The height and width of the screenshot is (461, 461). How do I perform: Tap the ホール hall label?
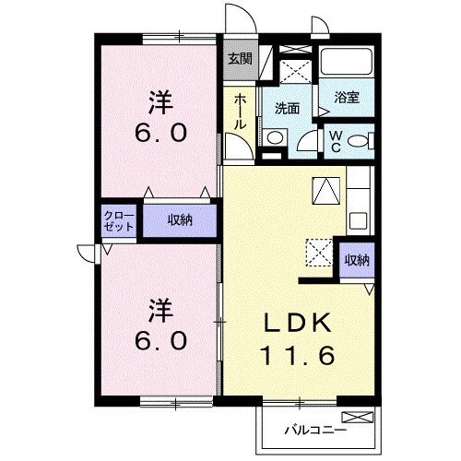tap(240, 111)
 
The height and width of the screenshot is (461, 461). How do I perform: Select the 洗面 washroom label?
tap(288, 107)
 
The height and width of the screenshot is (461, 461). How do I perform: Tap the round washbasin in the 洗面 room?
tap(275, 137)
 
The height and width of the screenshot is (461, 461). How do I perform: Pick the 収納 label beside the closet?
tap(179, 219)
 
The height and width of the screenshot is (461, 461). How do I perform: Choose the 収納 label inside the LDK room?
tap(357, 260)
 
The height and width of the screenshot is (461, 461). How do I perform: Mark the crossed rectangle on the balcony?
tap(365, 417)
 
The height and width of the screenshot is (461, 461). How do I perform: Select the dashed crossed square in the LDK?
tap(319, 251)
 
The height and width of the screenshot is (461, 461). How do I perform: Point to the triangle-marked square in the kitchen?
tap(325, 189)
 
